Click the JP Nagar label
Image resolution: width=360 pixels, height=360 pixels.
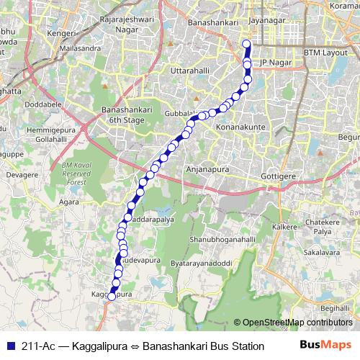274,63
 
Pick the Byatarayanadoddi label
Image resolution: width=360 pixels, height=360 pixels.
201,264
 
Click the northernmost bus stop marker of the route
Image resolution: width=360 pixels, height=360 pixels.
246,44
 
